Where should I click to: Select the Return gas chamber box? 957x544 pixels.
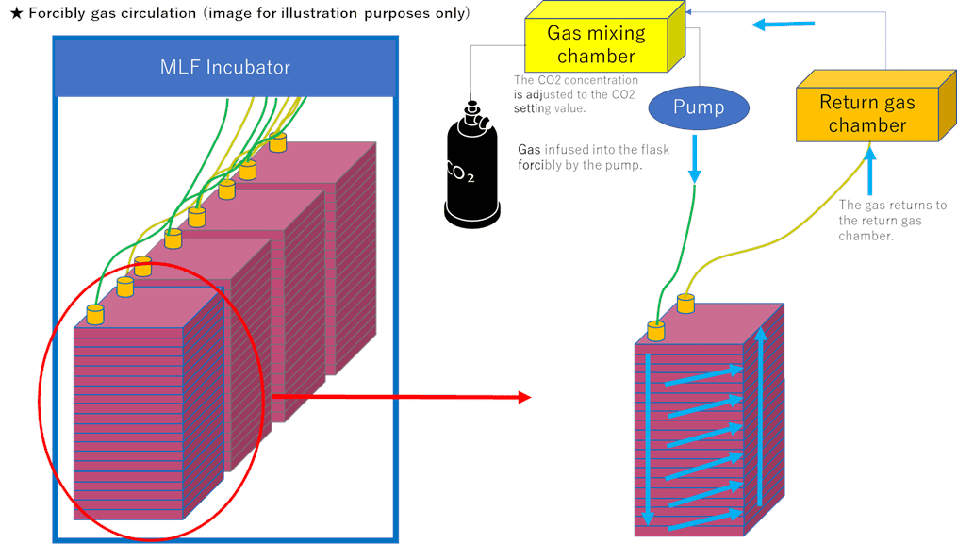(x=866, y=113)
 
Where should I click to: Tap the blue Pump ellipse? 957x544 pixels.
(x=698, y=107)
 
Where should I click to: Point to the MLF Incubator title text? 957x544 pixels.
(x=223, y=67)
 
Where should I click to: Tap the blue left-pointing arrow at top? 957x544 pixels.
(x=782, y=25)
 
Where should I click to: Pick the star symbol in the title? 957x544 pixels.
(x=15, y=14)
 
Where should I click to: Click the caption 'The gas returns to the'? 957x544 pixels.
(x=892, y=205)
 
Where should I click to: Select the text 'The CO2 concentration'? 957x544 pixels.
(x=575, y=80)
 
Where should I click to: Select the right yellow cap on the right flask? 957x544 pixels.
(x=685, y=303)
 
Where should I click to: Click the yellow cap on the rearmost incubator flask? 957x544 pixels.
(x=277, y=141)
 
